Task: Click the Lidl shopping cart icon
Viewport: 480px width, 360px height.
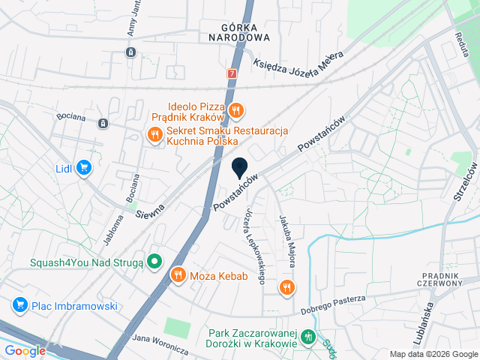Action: tap(85, 168)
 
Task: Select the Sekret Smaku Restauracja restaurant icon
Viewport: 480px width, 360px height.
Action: tap(154, 135)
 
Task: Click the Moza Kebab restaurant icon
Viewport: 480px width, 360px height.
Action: tap(178, 275)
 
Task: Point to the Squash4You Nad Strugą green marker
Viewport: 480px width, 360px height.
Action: tap(154, 262)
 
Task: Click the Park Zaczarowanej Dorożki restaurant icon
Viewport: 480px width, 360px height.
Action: tap(308, 338)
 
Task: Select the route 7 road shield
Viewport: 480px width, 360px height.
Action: tap(232, 74)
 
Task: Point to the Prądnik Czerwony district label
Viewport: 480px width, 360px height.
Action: tap(444, 280)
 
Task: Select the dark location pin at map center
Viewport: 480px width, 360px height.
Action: tap(240, 169)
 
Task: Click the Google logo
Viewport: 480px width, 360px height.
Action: tap(25, 350)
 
